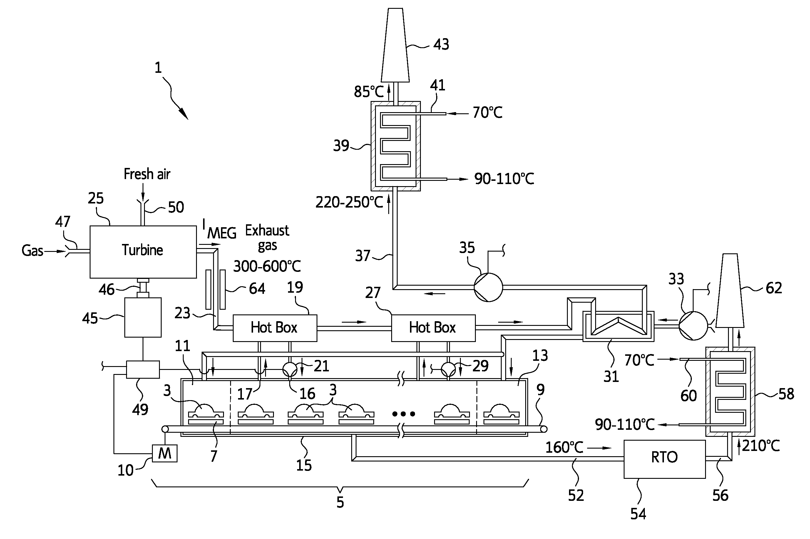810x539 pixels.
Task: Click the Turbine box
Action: (x=143, y=252)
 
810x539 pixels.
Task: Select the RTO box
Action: (x=665, y=459)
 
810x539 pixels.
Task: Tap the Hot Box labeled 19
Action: (x=275, y=328)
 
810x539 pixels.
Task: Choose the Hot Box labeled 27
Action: (x=433, y=328)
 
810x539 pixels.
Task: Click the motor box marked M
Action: (x=165, y=453)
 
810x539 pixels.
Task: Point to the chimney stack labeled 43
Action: (x=395, y=45)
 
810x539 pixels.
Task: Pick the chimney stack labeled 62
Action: (x=730, y=290)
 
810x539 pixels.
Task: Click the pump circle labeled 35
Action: (x=488, y=287)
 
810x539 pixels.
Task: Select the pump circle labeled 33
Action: (x=693, y=326)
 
